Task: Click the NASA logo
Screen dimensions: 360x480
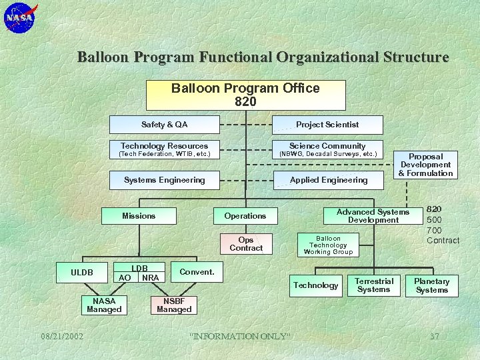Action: tap(21, 18)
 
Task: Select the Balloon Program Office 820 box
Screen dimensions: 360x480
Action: tap(245, 95)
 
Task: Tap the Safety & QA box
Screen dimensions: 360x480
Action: tap(164, 125)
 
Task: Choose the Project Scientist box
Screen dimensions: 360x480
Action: tap(327, 125)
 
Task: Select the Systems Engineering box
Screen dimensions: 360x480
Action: tap(164, 180)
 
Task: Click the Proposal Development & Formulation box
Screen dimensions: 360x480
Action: tap(425, 165)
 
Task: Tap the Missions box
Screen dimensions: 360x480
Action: tap(139, 216)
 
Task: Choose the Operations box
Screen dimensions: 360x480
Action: tap(245, 216)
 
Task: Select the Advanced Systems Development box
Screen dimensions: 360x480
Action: tap(373, 216)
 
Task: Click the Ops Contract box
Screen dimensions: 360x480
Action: tap(246, 244)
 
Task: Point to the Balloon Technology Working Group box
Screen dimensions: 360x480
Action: tap(328, 245)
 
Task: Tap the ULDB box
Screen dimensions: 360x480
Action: tap(82, 272)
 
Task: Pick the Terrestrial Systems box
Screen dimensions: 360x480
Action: tap(373, 285)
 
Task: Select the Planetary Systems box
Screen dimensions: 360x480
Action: tap(432, 285)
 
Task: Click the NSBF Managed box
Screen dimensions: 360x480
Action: tap(174, 305)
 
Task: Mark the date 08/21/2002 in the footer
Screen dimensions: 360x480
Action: tap(61, 336)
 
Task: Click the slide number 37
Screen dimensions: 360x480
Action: tap(435, 336)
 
